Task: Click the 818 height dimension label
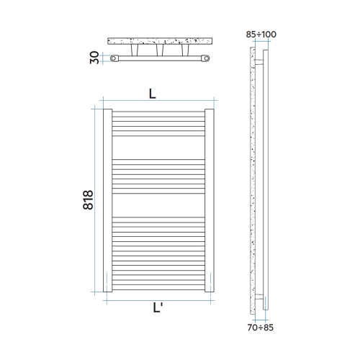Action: [88, 201]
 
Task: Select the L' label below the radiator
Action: [157, 308]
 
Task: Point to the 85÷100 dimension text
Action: [260, 33]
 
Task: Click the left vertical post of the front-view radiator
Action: [107, 201]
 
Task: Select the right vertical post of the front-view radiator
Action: [210, 201]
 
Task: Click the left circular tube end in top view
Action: [116, 58]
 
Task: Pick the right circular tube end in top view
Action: [204, 58]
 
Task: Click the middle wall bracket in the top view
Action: [160, 52]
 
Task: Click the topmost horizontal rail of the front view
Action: [158, 112]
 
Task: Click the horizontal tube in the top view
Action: [160, 58]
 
